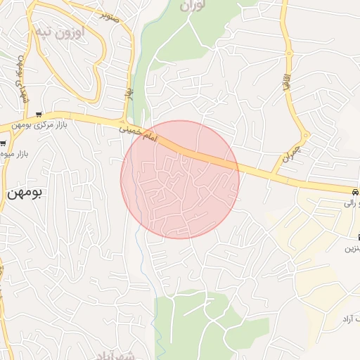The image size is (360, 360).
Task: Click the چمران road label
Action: [x=291, y=153]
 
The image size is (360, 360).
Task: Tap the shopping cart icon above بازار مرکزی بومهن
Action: [x=39, y=115]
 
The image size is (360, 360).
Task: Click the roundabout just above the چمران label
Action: [x=305, y=135]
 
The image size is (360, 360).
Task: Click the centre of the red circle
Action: [x=180, y=179]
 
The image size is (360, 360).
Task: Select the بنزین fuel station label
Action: [x=352, y=248]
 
